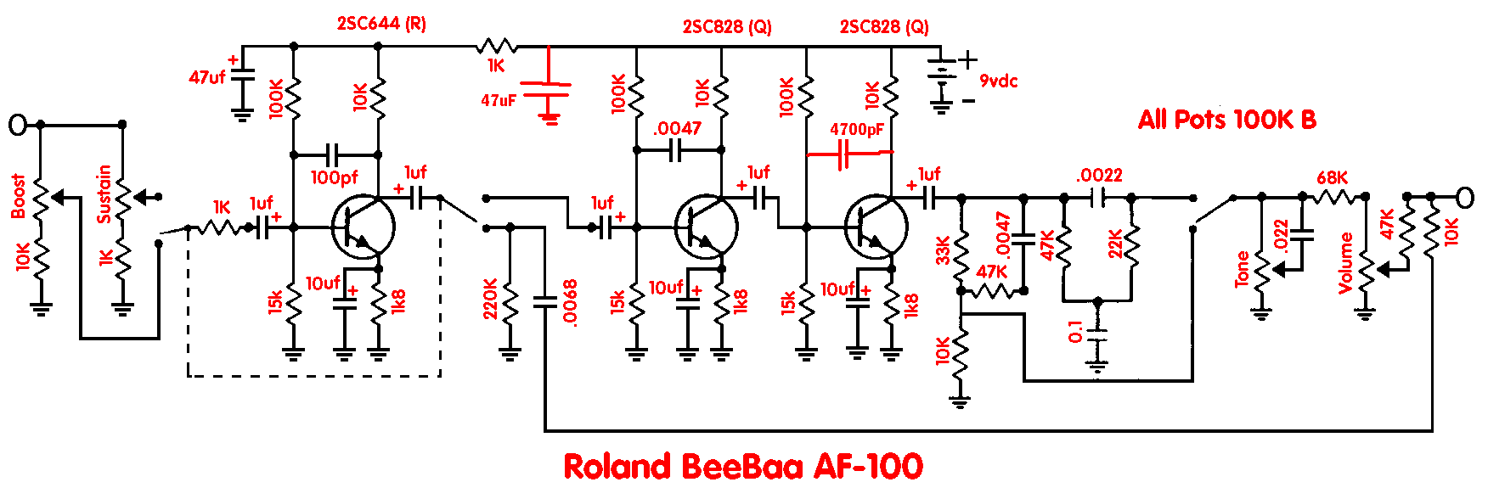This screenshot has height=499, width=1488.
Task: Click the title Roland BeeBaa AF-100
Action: (743, 467)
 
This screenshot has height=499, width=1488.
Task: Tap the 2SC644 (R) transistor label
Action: (381, 24)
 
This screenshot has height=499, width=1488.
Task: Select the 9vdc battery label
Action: (998, 81)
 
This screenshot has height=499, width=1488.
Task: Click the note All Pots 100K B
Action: (1226, 120)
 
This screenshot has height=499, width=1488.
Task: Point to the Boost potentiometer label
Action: (19, 196)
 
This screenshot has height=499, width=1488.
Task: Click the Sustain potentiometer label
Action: (104, 194)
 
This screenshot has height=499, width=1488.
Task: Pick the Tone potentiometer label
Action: (1242, 269)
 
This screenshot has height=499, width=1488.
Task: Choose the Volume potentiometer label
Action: (1345, 263)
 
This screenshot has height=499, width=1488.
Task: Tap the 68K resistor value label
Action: (1332, 178)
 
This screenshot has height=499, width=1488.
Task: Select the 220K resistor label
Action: (491, 299)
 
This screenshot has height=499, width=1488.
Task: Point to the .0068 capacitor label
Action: (570, 302)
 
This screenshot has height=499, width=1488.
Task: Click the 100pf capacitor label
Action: (334, 178)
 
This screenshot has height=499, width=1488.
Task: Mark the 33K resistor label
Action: (943, 250)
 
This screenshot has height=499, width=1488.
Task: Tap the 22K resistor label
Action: (1115, 244)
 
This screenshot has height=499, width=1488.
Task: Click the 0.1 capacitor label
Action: (1076, 332)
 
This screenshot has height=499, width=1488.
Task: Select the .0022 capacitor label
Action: (1099, 176)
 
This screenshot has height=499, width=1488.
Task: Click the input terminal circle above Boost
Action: (18, 125)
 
